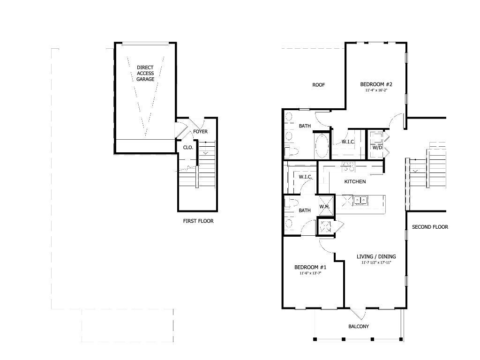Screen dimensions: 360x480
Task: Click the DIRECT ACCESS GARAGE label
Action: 145,74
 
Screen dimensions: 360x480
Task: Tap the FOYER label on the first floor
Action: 200,132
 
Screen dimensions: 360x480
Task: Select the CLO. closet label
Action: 188,147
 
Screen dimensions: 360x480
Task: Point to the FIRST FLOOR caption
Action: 198,221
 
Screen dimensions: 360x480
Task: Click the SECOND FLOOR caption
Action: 430,227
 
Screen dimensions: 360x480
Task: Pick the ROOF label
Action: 319,85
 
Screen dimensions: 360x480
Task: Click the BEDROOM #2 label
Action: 376,84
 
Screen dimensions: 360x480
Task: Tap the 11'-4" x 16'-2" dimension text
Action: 376,90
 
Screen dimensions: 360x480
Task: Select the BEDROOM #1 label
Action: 310,267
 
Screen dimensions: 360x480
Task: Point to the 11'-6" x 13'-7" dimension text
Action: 310,273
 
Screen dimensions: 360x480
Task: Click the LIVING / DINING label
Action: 376,256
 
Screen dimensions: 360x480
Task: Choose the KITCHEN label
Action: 355,181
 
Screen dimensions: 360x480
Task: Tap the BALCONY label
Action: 359,327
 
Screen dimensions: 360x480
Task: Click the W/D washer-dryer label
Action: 377,147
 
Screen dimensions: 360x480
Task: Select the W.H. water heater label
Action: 324,207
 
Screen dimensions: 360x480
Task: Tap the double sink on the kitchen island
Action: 360,201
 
